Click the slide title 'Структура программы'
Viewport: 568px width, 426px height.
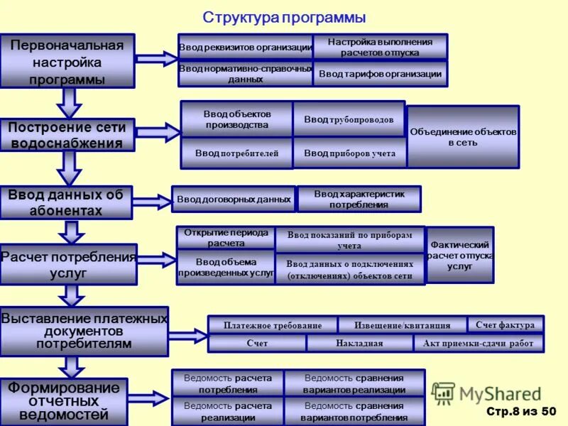tap(284, 17)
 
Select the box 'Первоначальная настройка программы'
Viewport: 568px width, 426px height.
tap(67, 61)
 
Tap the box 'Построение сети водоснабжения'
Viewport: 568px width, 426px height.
tap(67, 135)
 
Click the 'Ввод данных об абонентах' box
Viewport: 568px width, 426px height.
tap(66, 202)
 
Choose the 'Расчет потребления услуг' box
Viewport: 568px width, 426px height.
tap(68, 264)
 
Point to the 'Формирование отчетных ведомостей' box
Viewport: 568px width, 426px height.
tap(64, 401)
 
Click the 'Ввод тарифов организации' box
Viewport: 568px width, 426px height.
tap(380, 74)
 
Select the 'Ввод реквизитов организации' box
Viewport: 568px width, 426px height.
tap(245, 48)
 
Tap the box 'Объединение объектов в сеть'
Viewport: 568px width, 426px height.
tap(463, 137)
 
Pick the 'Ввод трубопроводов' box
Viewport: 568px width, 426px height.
tap(349, 119)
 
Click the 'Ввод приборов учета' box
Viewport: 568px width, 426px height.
tap(349, 153)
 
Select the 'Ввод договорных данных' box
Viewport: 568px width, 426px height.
tap(234, 200)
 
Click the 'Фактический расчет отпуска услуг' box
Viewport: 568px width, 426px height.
tap(460, 255)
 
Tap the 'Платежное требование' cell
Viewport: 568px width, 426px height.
tap(273, 325)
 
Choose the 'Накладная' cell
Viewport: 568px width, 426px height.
tap(359, 343)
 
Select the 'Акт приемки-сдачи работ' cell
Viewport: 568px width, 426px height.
tap(478, 343)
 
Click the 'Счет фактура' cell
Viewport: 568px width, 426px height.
tap(506, 324)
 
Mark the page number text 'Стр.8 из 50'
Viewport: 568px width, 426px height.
tap(521, 411)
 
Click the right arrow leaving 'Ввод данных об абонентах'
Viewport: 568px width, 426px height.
tap(151, 202)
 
